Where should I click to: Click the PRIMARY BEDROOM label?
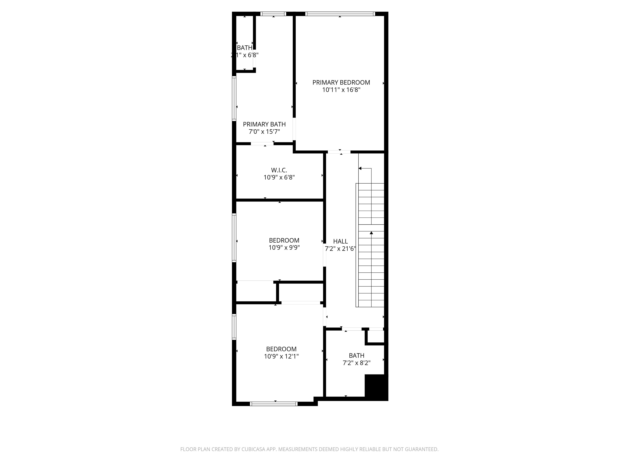pos(341,82)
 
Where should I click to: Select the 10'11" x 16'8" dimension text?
pos(341,90)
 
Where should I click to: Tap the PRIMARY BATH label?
pos(264,124)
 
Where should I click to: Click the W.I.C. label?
pos(279,170)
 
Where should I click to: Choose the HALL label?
pos(340,241)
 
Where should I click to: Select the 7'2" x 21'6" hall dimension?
pos(340,249)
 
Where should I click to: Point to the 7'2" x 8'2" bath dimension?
pos(357,363)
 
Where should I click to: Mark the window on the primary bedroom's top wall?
pos(340,14)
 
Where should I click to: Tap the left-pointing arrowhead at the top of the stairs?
pos(360,168)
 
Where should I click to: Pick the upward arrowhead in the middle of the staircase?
pos(371,233)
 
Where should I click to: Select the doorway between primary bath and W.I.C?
pos(262,144)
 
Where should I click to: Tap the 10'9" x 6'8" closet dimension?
pos(279,177)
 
